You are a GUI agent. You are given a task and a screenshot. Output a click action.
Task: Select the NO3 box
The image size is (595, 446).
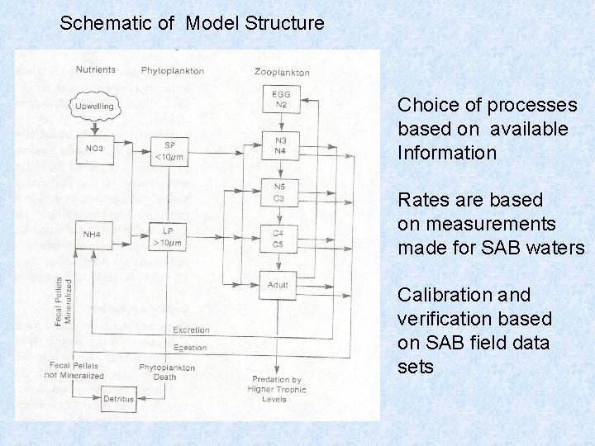coord(93,149)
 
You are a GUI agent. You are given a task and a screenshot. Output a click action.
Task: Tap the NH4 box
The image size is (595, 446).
coord(92,235)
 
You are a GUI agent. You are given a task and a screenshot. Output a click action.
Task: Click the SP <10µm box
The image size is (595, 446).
coord(169,150)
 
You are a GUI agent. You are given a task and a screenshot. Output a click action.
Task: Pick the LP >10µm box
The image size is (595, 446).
coord(169,235)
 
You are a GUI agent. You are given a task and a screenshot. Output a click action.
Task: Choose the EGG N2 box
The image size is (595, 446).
coord(280,99)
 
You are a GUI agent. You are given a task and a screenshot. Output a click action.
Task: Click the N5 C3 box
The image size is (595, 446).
coord(279,192)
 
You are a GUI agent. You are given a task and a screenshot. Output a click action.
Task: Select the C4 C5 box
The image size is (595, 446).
coord(278,239)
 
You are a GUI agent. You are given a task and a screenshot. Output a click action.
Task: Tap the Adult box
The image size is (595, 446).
coord(278,286)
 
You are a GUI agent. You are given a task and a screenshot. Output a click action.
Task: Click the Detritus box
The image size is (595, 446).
coord(118,399)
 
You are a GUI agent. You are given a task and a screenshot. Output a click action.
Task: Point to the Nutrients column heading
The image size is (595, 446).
coord(95,70)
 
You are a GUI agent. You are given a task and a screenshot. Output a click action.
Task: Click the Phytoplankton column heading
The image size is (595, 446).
coord(172,71)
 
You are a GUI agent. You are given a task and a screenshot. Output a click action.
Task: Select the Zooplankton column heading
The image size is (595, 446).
coord(282,73)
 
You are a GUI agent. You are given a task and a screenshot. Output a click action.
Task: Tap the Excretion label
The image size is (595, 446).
coord(191,330)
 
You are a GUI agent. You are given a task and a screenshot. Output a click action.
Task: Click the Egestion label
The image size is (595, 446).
coord(190,347)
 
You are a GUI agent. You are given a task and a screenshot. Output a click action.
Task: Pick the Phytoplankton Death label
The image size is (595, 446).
coord(167,372)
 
